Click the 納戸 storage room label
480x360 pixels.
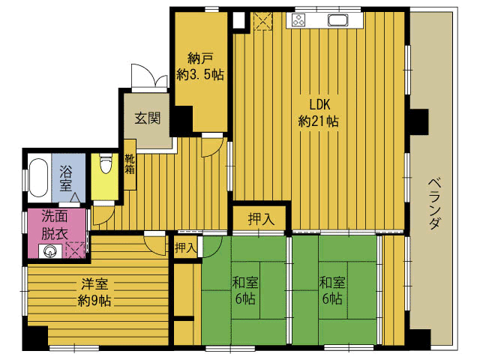coord(200,58)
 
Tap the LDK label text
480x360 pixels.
coord(319,105)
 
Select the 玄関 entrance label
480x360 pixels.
coord(148,118)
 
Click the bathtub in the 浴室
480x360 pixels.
coord(38,177)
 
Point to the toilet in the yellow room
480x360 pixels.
coord(105,163)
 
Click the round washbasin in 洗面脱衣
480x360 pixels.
coord(49,252)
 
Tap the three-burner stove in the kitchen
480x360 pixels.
coord(298,20)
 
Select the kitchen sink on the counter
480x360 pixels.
coord(337,20)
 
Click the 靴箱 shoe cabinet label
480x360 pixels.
coord(130,163)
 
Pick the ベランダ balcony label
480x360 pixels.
coord(434,204)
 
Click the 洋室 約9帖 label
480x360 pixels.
coord(94,292)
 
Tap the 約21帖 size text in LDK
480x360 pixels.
coord(318,121)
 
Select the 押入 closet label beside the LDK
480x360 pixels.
coord(260,219)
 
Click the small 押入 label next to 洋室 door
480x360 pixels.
coord(185,247)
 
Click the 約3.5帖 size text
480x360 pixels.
coord(200,74)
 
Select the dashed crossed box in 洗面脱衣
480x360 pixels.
coord(75,250)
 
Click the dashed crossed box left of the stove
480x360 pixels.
coord(263,21)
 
